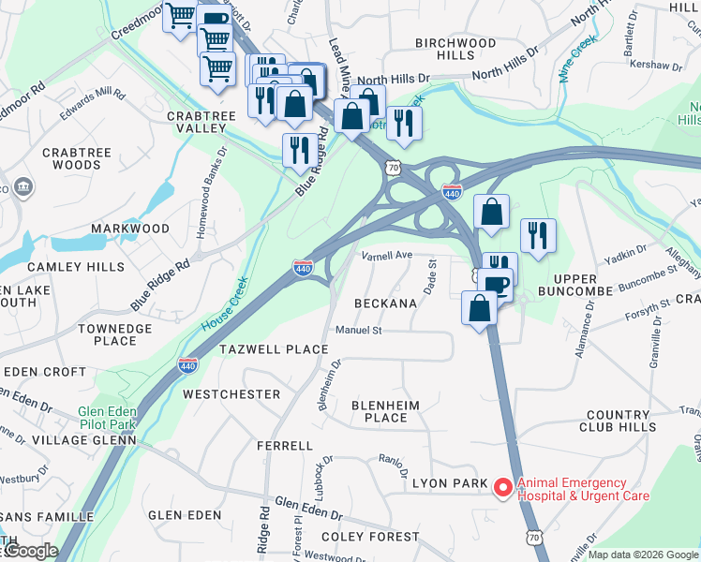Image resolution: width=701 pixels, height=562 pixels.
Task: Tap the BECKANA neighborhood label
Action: [x=385, y=303]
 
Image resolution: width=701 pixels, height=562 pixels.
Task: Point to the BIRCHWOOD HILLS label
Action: [x=455, y=49]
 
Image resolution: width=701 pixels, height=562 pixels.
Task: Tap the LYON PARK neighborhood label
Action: [x=450, y=483]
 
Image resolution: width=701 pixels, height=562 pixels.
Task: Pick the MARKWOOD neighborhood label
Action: [x=130, y=229]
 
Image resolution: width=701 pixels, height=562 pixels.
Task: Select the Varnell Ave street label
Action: [x=387, y=255]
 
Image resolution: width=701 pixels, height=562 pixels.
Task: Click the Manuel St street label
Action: [x=359, y=330]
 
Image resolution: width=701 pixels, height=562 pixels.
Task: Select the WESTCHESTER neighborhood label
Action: [x=231, y=394]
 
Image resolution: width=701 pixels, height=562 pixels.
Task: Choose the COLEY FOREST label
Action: [x=370, y=537]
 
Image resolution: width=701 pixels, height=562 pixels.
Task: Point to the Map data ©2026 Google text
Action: [x=643, y=555]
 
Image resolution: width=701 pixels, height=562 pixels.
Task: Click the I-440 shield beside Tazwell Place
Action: [x=188, y=362]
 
